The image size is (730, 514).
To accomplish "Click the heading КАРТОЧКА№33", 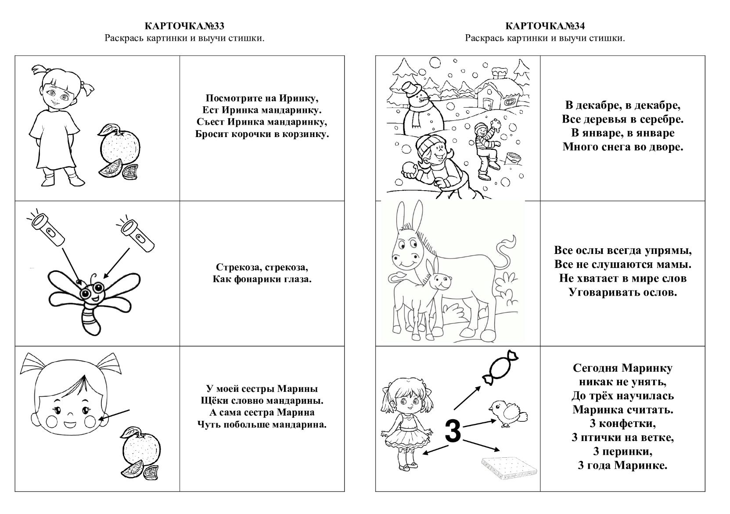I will pyautogui.click(x=184, y=26).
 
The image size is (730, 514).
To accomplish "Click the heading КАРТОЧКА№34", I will pyautogui.click(x=545, y=26).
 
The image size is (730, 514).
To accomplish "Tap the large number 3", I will pyautogui.click(x=453, y=431).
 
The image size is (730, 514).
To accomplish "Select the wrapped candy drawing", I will pyautogui.click(x=500, y=368).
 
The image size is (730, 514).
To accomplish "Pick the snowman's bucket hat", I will pyautogui.click(x=412, y=89).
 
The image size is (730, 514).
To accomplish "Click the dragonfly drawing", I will pyautogui.click(x=93, y=299).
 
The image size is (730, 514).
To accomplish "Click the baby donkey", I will pyautogui.click(x=421, y=294).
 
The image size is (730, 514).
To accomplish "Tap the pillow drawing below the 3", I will pyautogui.click(x=508, y=466).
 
